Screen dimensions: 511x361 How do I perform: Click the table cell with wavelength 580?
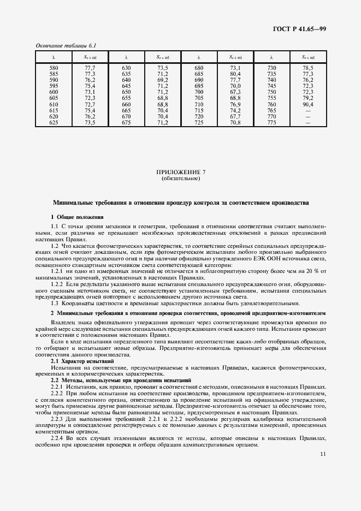[x=54, y=67]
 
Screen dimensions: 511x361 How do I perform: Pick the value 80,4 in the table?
[x=235, y=73]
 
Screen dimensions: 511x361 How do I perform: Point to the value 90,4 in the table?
[x=308, y=104]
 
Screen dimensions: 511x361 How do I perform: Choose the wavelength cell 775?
[x=271, y=122]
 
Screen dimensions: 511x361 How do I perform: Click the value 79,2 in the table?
[x=308, y=98]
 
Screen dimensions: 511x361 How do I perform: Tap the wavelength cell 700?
[x=199, y=92]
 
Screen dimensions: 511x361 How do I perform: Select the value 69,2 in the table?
[x=162, y=79]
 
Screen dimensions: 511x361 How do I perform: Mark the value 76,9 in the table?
[x=235, y=104]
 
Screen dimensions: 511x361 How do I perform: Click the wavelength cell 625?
[x=54, y=122]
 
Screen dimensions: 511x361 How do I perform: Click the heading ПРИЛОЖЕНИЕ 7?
[x=180, y=173]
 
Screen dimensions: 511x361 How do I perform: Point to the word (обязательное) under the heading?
[x=180, y=179]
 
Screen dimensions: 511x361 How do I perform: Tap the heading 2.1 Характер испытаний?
[x=82, y=361]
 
